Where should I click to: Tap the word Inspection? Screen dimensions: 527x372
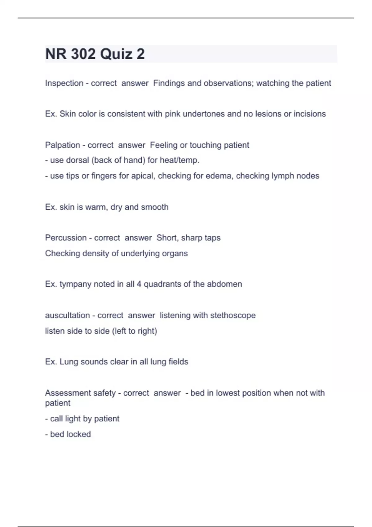coord(64,83)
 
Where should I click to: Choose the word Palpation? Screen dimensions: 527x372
coord(62,145)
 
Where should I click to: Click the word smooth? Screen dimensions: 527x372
coord(155,207)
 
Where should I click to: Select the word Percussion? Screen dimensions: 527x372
coord(66,238)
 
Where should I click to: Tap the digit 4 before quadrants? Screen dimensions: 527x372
coord(139,284)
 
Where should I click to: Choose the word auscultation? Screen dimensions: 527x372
coord(67,315)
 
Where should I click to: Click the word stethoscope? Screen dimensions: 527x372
coord(233,315)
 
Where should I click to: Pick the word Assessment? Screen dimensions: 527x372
coord(65,393)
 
